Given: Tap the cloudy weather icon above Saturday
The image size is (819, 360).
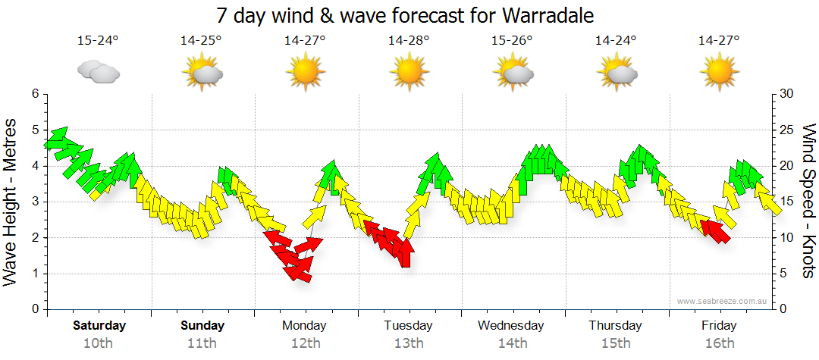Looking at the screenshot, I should coord(99,72).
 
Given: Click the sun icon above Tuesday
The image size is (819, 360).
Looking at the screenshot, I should coord(409,72).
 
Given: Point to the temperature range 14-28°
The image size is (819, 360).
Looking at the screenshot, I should coord(409,40).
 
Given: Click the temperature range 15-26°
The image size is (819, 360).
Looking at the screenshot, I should coord(512,40).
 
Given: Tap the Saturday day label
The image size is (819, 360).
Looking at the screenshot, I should coord(99,326).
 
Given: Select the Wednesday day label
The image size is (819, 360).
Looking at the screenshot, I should coord(510,326).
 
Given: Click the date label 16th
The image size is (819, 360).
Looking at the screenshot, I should coord(719,343).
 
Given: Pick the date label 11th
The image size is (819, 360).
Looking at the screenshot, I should coord(202,343).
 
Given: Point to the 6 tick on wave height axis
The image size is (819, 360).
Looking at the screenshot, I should coord(35,94).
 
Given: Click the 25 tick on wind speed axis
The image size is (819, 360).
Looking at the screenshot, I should coord(786,130).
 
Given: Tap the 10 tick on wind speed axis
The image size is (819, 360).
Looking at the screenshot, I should coord(786,238).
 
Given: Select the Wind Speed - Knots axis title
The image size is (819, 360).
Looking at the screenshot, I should coord(808,201).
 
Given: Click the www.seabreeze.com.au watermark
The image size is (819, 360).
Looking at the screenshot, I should coord(723,301).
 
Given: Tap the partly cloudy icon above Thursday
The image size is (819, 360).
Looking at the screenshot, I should coord(616,72).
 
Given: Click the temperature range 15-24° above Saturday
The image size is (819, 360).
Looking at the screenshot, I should coord(98,40).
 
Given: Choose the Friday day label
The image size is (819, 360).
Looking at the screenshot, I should coord(719,326).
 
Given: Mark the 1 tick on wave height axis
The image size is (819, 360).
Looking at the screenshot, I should coord(35,274).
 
